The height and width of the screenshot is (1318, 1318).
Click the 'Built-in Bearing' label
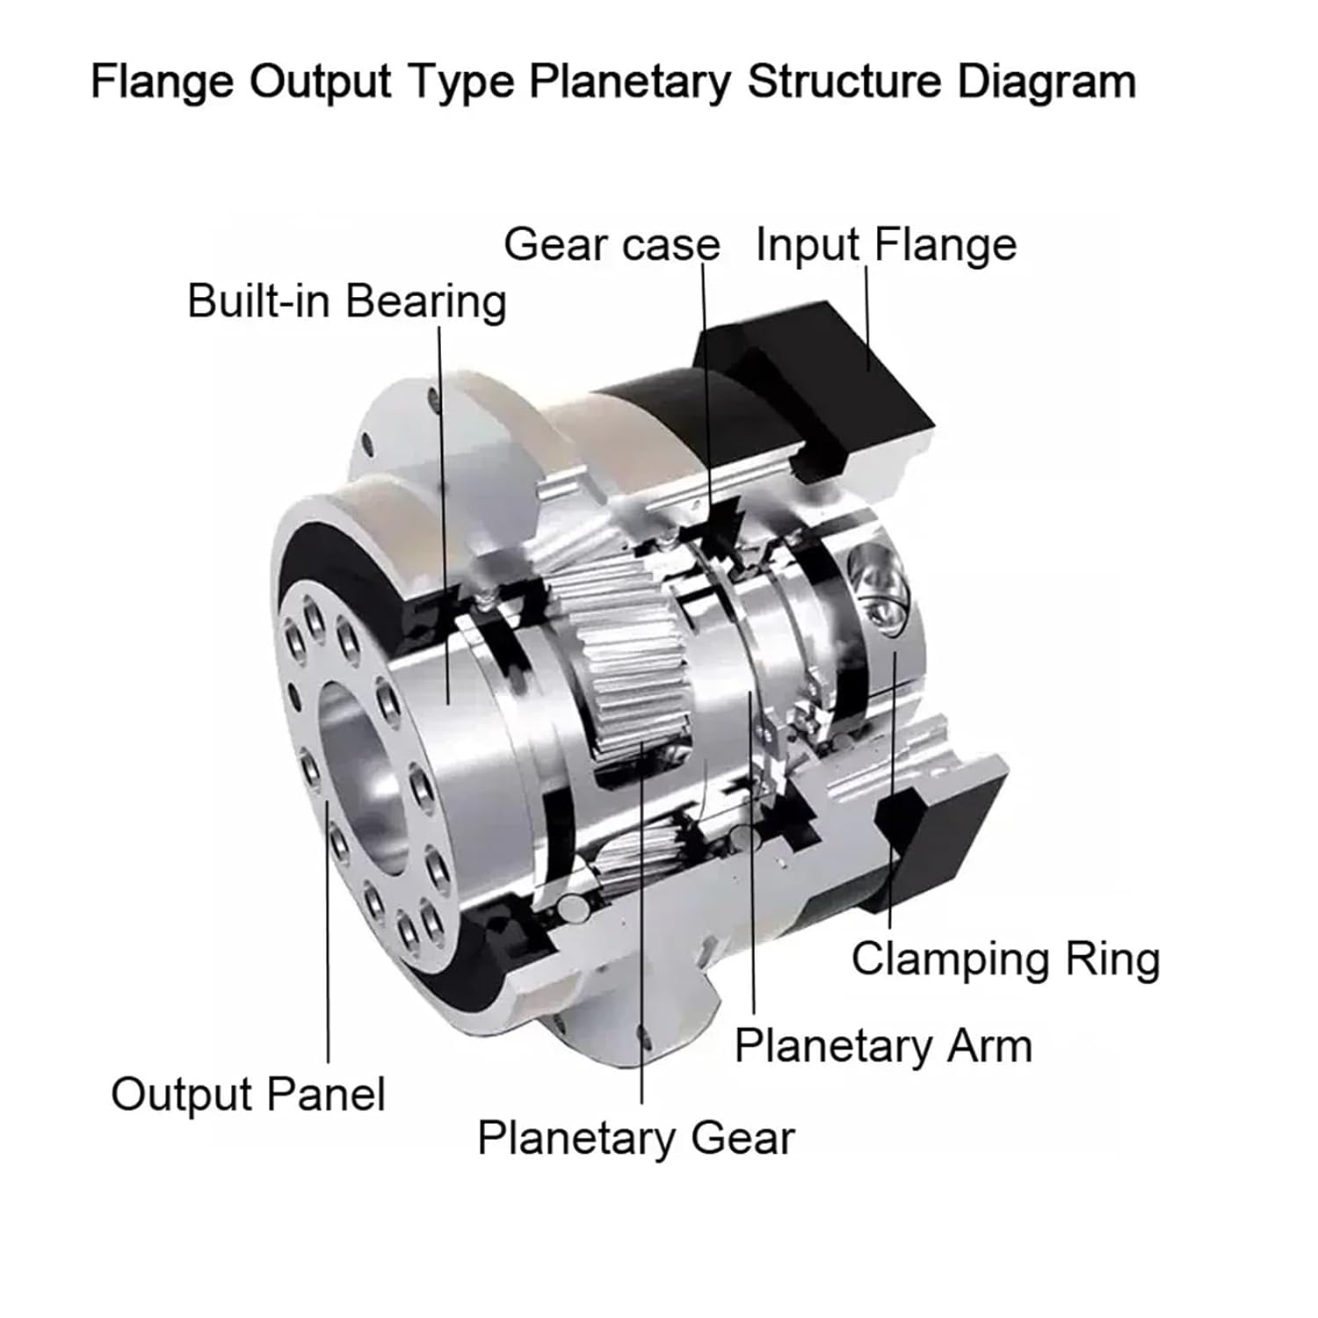346,301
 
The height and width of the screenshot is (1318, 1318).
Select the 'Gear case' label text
612,244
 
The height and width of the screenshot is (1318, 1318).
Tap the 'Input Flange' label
886,244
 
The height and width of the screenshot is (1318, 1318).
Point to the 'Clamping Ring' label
1005,959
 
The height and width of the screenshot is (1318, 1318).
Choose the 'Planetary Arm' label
883,1046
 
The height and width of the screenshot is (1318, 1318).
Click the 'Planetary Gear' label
635,1138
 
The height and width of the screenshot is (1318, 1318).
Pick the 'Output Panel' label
248,1095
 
